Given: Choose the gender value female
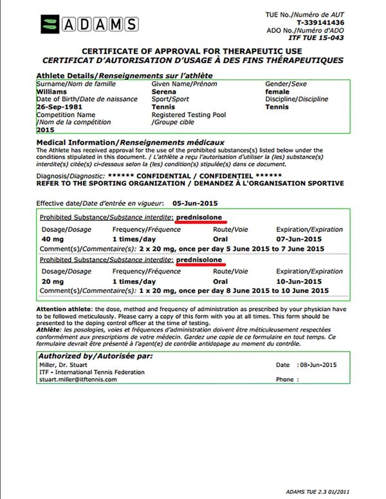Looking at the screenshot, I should pos(279,91).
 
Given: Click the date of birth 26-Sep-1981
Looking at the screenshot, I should pos(60,107).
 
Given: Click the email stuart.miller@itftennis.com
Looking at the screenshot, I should pos(77,379).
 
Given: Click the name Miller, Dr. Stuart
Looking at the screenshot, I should pos(64,364).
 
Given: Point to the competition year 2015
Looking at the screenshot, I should pos(46,129).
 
